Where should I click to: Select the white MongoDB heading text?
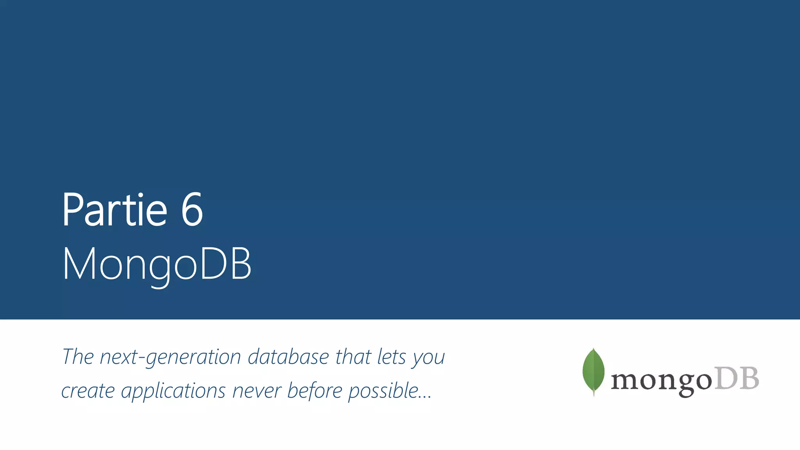(x=157, y=264)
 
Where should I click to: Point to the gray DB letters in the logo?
(x=737, y=379)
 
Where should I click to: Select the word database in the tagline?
(x=289, y=357)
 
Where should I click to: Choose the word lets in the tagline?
(x=391, y=357)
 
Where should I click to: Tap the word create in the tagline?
(x=88, y=391)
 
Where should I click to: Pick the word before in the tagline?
(x=314, y=391)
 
